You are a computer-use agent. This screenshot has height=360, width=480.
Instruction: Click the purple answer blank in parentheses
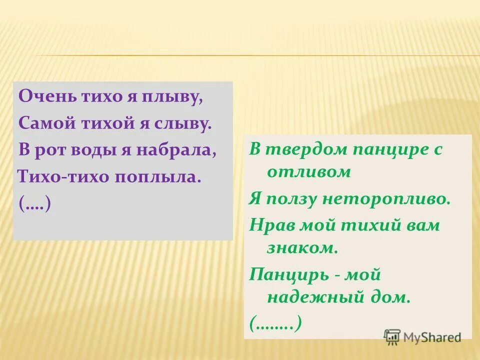point(34,204)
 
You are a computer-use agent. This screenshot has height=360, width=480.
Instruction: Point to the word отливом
point(309,172)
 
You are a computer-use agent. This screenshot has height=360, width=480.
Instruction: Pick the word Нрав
point(272,225)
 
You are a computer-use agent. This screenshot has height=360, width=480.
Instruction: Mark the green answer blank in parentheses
point(275,324)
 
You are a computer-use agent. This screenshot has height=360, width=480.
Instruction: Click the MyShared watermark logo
point(422,337)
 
